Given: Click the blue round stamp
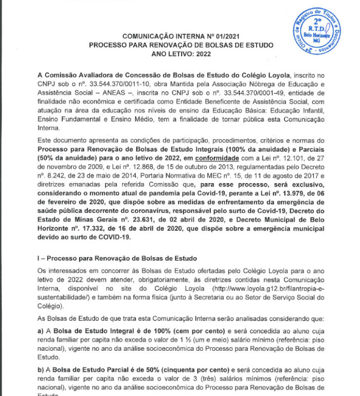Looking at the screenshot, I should point(318,32).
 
